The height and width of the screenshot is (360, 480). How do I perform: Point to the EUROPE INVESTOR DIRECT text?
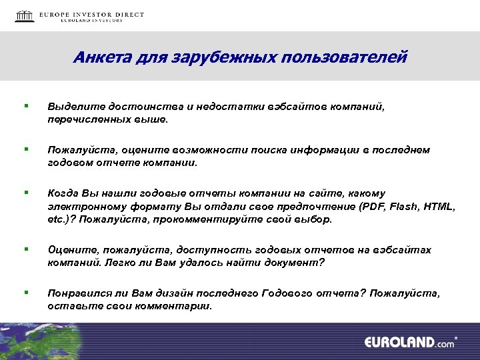pos(91,14)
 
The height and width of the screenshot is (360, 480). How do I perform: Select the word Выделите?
pos(71,106)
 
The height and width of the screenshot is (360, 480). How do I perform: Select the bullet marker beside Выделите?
pos(25,105)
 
